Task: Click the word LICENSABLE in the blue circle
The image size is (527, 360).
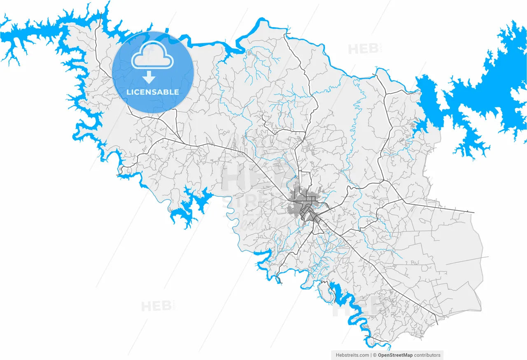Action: [x=152, y=92]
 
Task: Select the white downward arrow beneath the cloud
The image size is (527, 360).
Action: [x=149, y=77]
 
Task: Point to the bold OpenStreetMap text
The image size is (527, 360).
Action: [x=395, y=355]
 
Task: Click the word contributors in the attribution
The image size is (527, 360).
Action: [x=427, y=355]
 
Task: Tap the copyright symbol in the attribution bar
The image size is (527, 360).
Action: [x=375, y=355]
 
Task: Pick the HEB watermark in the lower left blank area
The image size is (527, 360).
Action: [x=156, y=306]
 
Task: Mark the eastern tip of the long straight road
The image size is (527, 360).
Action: [x=473, y=213]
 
